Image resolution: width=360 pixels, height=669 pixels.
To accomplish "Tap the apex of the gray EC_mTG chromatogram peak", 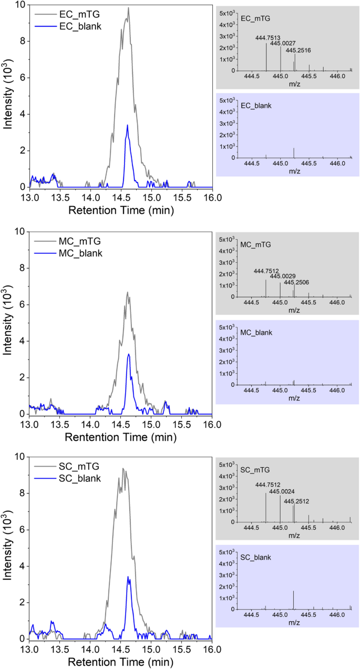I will pos(128,8).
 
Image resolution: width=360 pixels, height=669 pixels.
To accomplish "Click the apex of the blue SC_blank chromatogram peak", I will pos(128,577).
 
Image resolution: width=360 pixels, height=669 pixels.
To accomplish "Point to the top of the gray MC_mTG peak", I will pos(127,293).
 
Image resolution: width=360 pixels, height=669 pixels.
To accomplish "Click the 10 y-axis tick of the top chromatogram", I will pos(20,5).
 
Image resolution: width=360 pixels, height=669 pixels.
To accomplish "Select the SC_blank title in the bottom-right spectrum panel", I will pos(255,556).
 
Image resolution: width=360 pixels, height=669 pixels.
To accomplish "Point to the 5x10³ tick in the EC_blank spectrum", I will pos(227,100).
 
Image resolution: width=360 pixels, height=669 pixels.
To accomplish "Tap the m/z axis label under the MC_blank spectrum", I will pos(293,398).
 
